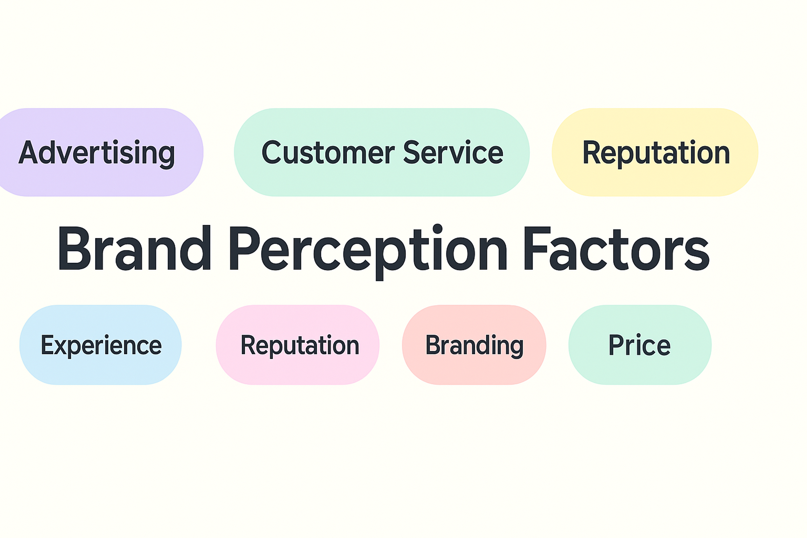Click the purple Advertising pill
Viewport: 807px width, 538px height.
(x=99, y=152)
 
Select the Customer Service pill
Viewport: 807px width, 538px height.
(x=382, y=152)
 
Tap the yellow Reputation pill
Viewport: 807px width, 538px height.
(x=655, y=152)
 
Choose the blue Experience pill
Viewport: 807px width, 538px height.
(x=100, y=345)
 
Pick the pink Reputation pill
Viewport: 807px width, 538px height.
(x=298, y=345)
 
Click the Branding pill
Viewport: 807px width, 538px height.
(x=474, y=345)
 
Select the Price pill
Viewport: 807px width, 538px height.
(x=640, y=345)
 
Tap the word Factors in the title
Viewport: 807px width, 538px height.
(x=616, y=248)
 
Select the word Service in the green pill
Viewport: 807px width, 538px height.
(x=453, y=152)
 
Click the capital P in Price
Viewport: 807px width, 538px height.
(x=616, y=345)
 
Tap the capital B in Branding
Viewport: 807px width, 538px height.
(x=433, y=345)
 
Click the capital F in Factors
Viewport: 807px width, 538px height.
(x=536, y=248)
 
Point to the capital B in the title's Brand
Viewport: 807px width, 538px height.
(x=74, y=248)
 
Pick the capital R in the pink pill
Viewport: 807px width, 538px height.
(x=248, y=345)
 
